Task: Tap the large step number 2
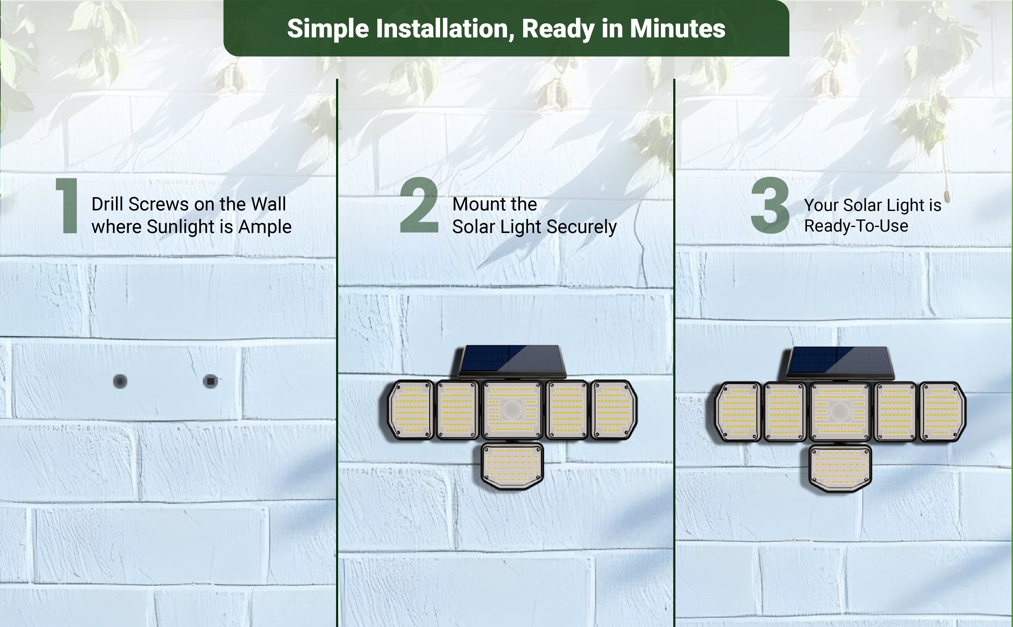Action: click(x=419, y=205)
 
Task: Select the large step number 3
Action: click(x=770, y=205)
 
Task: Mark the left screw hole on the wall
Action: click(x=120, y=381)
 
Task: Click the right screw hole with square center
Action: click(x=211, y=381)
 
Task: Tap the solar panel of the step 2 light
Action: click(x=513, y=361)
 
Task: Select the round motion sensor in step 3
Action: click(x=840, y=411)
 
